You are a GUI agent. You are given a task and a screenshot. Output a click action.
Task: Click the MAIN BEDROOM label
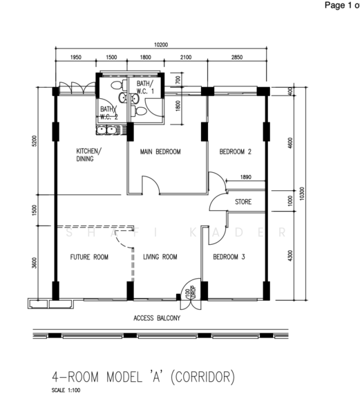pyautogui.click(x=160, y=151)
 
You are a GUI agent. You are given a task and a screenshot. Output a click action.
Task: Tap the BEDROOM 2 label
pyautogui.click(x=235, y=151)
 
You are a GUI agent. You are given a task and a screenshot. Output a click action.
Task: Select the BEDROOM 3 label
pyautogui.click(x=229, y=257)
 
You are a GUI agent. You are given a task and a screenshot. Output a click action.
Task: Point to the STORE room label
pyautogui.click(x=243, y=202)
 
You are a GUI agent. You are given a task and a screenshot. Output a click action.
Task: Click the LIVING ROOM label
pyautogui.click(x=160, y=257)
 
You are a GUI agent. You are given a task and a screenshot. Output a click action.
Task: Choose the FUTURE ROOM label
pyautogui.click(x=89, y=257)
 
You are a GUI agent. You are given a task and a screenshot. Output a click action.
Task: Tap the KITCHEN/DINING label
pyautogui.click(x=88, y=155)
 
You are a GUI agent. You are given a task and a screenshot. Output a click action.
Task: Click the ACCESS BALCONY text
pyautogui.click(x=157, y=318)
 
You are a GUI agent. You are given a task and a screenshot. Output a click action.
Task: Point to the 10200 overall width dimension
pyautogui.click(x=161, y=45)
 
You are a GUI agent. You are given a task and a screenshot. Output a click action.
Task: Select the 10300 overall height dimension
pyautogui.click(x=302, y=194)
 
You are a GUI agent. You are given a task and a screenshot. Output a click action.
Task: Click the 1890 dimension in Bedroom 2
pyautogui.click(x=245, y=177)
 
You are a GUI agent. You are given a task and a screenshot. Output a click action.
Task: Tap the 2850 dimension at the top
pyautogui.click(x=237, y=57)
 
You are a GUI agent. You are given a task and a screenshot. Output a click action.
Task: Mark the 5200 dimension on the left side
pyautogui.click(x=35, y=140)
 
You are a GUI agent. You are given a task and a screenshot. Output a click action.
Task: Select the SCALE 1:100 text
pyautogui.click(x=66, y=390)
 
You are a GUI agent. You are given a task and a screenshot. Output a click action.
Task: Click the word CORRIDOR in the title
pyautogui.click(x=202, y=377)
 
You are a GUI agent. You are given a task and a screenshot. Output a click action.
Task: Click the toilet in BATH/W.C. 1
pyautogui.click(x=138, y=111)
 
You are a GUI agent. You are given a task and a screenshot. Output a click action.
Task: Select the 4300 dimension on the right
pyautogui.click(x=290, y=255)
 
